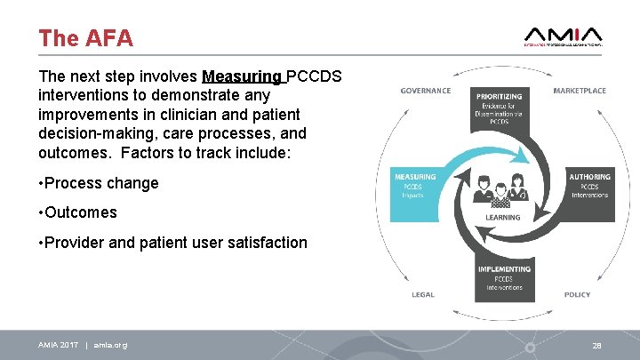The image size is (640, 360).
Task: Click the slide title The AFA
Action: pyautogui.click(x=85, y=38)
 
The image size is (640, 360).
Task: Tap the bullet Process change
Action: pyautogui.click(x=99, y=183)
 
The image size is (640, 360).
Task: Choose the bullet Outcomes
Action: pyautogui.click(x=77, y=212)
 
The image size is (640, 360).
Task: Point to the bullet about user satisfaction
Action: pyautogui.click(x=173, y=242)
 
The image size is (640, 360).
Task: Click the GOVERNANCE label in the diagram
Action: pyautogui.click(x=425, y=91)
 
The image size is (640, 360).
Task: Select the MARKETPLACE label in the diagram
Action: pyautogui.click(x=579, y=91)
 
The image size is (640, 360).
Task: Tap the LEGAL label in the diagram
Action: pyautogui.click(x=422, y=294)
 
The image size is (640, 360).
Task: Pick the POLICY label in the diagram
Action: pyautogui.click(x=577, y=294)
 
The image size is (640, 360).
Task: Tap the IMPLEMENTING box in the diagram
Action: pyautogui.click(x=503, y=278)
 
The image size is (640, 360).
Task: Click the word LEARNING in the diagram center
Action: pyautogui.click(x=502, y=217)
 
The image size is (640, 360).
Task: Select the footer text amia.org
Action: pyautogui.click(x=110, y=345)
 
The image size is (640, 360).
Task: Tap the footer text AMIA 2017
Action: pyautogui.click(x=59, y=345)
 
